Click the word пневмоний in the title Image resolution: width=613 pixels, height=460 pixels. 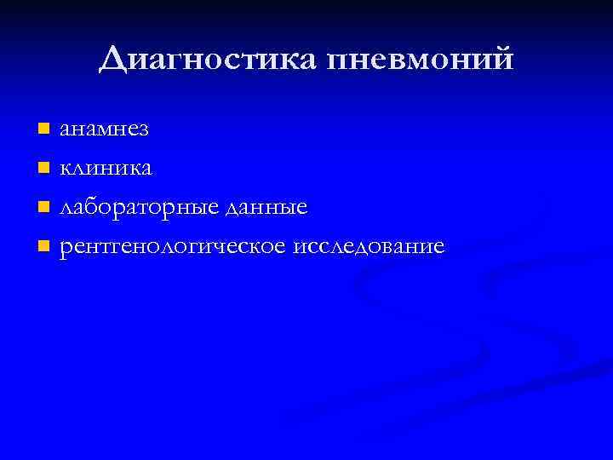421,60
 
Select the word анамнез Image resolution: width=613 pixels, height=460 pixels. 104,129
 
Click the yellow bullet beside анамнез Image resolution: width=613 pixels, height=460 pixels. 43,129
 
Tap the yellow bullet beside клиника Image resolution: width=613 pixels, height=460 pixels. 43,168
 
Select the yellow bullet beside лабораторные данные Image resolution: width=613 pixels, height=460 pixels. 43,208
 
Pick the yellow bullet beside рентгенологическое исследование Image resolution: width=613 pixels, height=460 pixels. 43,247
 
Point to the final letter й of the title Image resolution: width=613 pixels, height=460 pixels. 503,59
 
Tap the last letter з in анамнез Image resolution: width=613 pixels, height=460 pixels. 144,130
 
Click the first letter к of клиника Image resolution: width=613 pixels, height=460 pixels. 65,169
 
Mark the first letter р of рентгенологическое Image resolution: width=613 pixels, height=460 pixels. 66,249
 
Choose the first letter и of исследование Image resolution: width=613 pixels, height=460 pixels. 298,248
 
